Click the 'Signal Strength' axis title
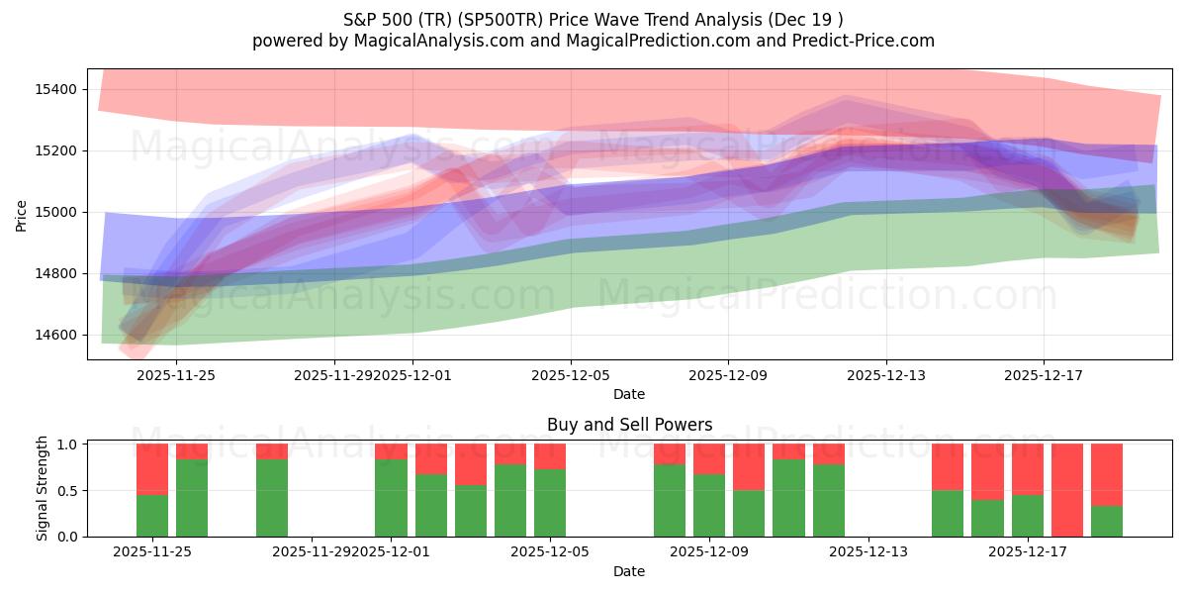tap(42, 489)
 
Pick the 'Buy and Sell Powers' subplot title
tap(629, 425)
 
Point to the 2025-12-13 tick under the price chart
tap(885, 375)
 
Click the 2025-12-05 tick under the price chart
tap(571, 375)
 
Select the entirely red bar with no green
tap(1067, 490)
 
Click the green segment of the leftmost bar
tap(152, 515)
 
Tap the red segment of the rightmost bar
tap(1107, 474)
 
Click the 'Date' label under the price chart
tap(629, 394)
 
